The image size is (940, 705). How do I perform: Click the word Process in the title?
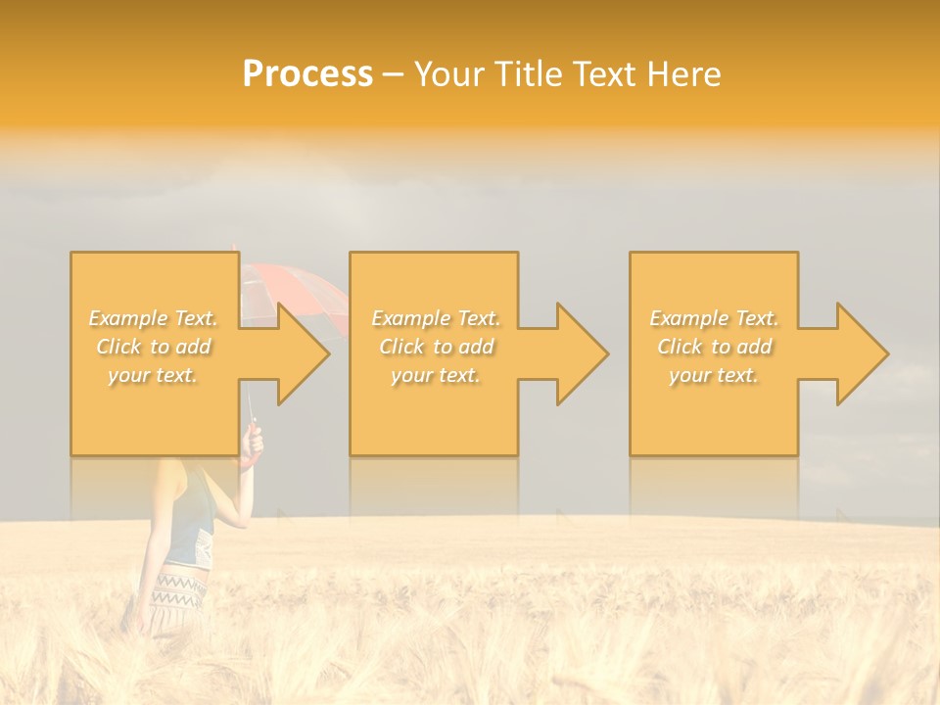(x=307, y=74)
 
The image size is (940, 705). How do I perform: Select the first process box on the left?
(x=155, y=411)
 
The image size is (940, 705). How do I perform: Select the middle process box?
(x=434, y=411)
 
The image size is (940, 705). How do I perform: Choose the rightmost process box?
(x=713, y=411)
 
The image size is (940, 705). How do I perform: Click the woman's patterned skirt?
(x=179, y=591)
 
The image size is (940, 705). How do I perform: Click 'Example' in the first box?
(x=126, y=318)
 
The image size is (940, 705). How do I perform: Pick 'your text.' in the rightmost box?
(x=713, y=375)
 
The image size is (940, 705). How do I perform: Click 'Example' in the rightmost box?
(x=687, y=318)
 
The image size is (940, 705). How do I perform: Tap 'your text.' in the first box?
(x=153, y=375)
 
